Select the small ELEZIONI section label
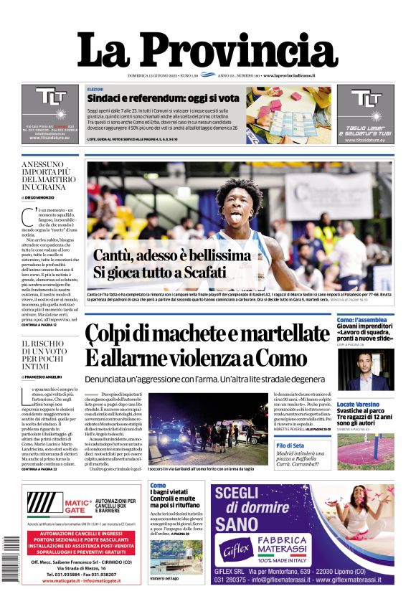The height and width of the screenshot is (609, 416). [x=95, y=89]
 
